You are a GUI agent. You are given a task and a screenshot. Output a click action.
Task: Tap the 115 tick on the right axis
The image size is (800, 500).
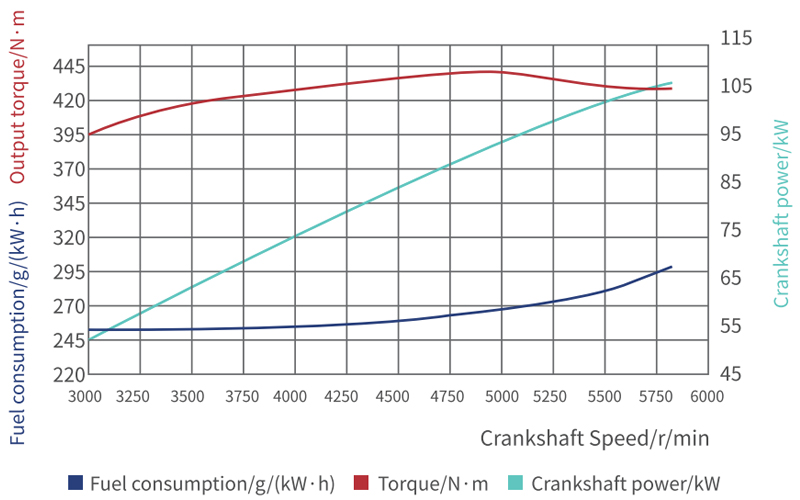pyautogui.click(x=734, y=37)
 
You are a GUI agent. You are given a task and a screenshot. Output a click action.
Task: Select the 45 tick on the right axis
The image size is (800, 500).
pyautogui.click(x=730, y=374)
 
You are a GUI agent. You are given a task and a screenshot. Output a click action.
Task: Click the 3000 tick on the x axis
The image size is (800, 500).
pyautogui.click(x=87, y=396)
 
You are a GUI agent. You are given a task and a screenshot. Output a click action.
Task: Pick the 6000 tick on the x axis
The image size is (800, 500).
pyautogui.click(x=707, y=396)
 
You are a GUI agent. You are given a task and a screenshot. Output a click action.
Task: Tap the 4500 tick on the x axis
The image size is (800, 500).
pyautogui.click(x=397, y=396)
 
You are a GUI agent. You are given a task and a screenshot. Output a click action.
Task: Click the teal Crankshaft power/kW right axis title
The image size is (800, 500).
pyautogui.click(x=781, y=212)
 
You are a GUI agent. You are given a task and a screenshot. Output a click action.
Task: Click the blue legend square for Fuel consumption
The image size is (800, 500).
pyautogui.click(x=74, y=483)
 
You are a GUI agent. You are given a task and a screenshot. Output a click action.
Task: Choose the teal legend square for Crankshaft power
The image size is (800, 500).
pyautogui.click(x=516, y=483)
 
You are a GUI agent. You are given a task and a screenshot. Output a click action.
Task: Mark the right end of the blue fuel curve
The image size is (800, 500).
pyautogui.click(x=671, y=267)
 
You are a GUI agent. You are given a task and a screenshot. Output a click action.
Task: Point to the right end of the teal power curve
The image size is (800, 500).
pyautogui.click(x=671, y=83)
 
